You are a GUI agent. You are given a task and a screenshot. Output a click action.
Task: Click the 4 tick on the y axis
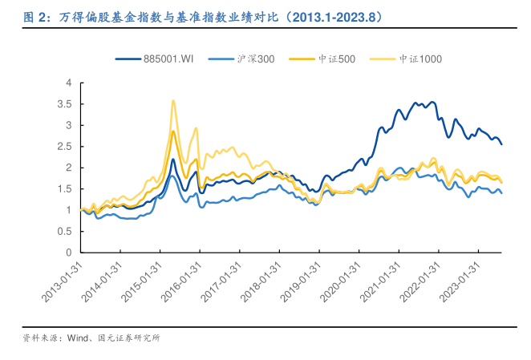[69, 83]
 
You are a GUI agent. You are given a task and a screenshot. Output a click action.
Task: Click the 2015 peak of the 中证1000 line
[173, 101]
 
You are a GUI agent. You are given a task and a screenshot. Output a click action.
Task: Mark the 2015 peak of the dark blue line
[173, 159]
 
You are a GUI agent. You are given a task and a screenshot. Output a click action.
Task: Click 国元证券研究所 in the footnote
[129, 338]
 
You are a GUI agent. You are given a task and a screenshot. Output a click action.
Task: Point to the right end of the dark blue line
[502, 144]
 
